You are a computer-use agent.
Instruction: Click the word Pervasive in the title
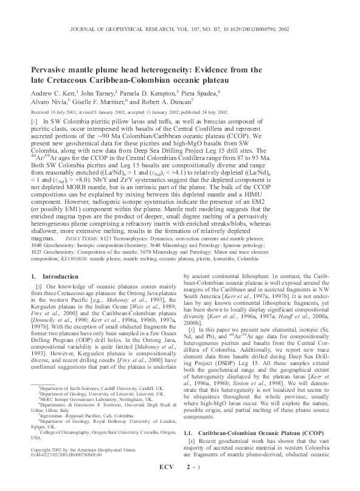coord(54,69)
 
